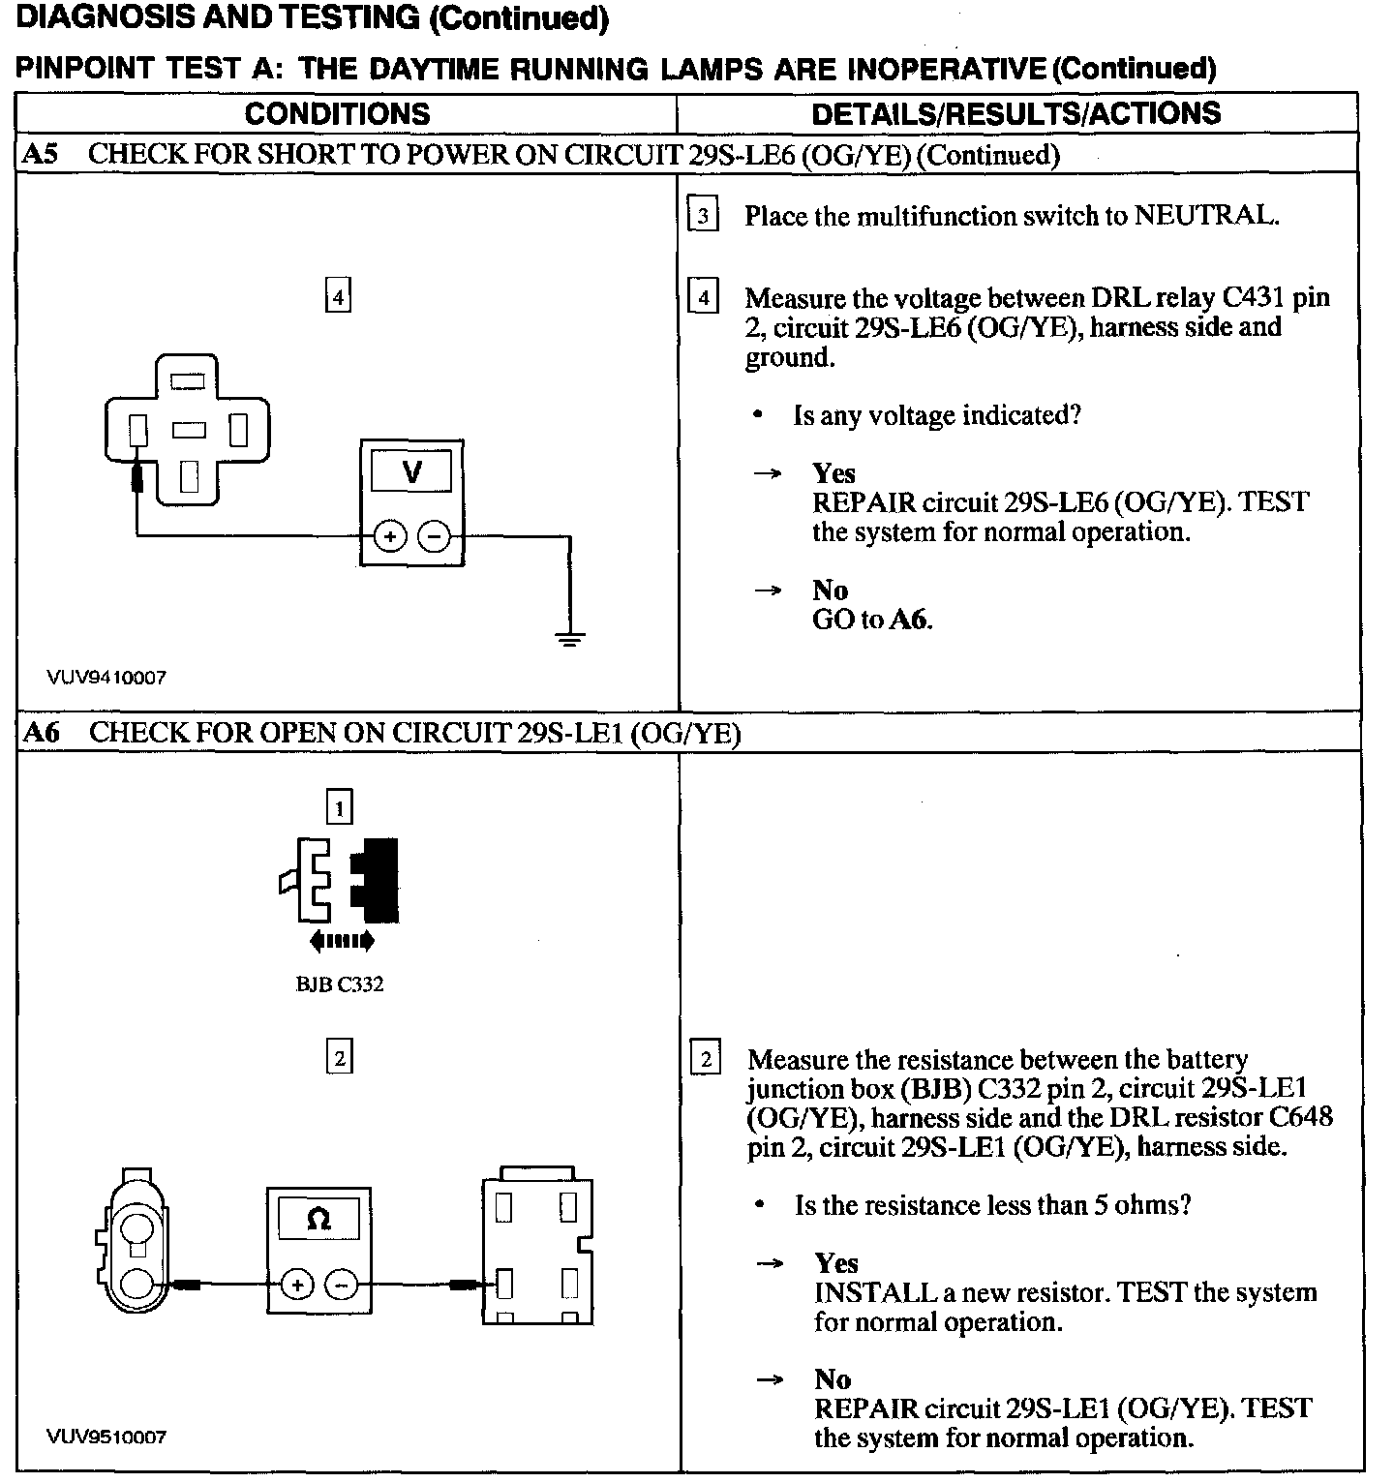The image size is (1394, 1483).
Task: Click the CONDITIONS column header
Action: click(x=337, y=113)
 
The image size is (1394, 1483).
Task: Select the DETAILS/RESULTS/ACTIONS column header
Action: click(x=1015, y=113)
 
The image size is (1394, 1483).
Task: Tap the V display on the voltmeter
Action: click(x=411, y=472)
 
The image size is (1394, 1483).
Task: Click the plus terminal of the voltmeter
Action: click(x=389, y=536)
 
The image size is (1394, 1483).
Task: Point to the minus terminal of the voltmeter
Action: click(x=435, y=536)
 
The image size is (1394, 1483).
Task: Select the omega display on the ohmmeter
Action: click(x=318, y=1219)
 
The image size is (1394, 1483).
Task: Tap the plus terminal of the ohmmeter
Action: click(x=296, y=1285)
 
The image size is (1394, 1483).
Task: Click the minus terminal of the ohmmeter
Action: click(x=340, y=1285)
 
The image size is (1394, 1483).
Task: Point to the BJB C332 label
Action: click(x=339, y=984)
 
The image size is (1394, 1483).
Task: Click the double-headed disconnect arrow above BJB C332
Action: click(x=341, y=940)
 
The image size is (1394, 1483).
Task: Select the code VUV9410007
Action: click(x=106, y=678)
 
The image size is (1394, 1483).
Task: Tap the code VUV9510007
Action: click(x=106, y=1437)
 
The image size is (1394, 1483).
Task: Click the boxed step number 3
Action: click(x=703, y=215)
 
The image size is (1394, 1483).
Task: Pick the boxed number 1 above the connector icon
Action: click(x=339, y=806)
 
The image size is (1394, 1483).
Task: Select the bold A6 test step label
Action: click(x=42, y=733)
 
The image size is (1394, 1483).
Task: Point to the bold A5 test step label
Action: click(x=40, y=155)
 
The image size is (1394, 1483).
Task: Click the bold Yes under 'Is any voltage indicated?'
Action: click(x=833, y=473)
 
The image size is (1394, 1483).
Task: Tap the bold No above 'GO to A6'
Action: click(x=830, y=590)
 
